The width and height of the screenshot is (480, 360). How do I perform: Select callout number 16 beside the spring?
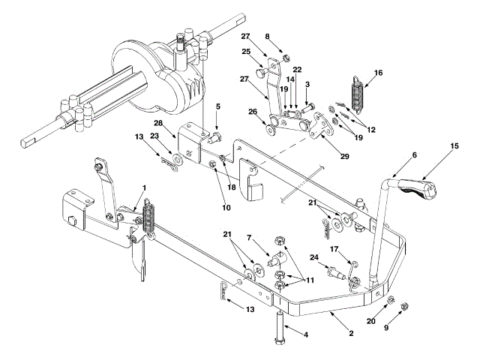tap(378, 73)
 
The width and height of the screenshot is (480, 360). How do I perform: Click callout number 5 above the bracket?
tap(217, 106)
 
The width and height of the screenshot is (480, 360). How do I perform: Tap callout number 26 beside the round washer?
tap(251, 113)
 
